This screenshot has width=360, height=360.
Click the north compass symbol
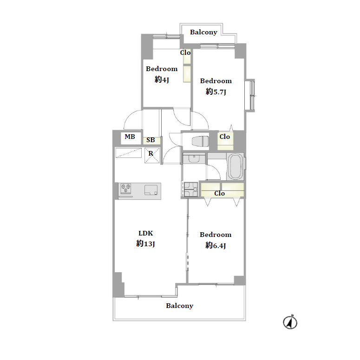[x=290, y=322]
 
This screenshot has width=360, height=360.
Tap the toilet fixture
[x=200, y=141]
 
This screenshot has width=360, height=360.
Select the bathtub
[x=235, y=166]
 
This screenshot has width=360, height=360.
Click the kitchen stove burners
[x=126, y=189]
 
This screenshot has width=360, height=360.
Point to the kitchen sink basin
[x=151, y=190]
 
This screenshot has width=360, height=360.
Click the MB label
[x=130, y=137]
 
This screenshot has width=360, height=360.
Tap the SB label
[x=151, y=140]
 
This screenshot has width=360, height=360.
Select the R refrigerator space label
[x=151, y=153]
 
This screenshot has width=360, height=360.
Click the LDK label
[x=145, y=233]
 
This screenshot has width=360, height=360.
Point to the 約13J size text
[x=145, y=243]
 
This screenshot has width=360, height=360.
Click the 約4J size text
[x=162, y=80]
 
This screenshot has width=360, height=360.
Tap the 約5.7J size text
[x=216, y=92]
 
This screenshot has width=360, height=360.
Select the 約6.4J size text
[x=216, y=245]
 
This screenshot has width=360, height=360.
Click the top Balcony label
[x=203, y=33]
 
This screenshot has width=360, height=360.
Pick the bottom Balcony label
[x=180, y=306]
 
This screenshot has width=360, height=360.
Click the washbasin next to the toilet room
[x=194, y=158]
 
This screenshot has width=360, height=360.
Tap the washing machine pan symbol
[x=191, y=189]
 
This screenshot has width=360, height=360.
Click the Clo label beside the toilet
[x=224, y=137]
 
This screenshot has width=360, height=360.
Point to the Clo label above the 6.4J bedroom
[x=219, y=194]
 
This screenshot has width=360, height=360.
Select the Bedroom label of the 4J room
[x=162, y=69]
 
